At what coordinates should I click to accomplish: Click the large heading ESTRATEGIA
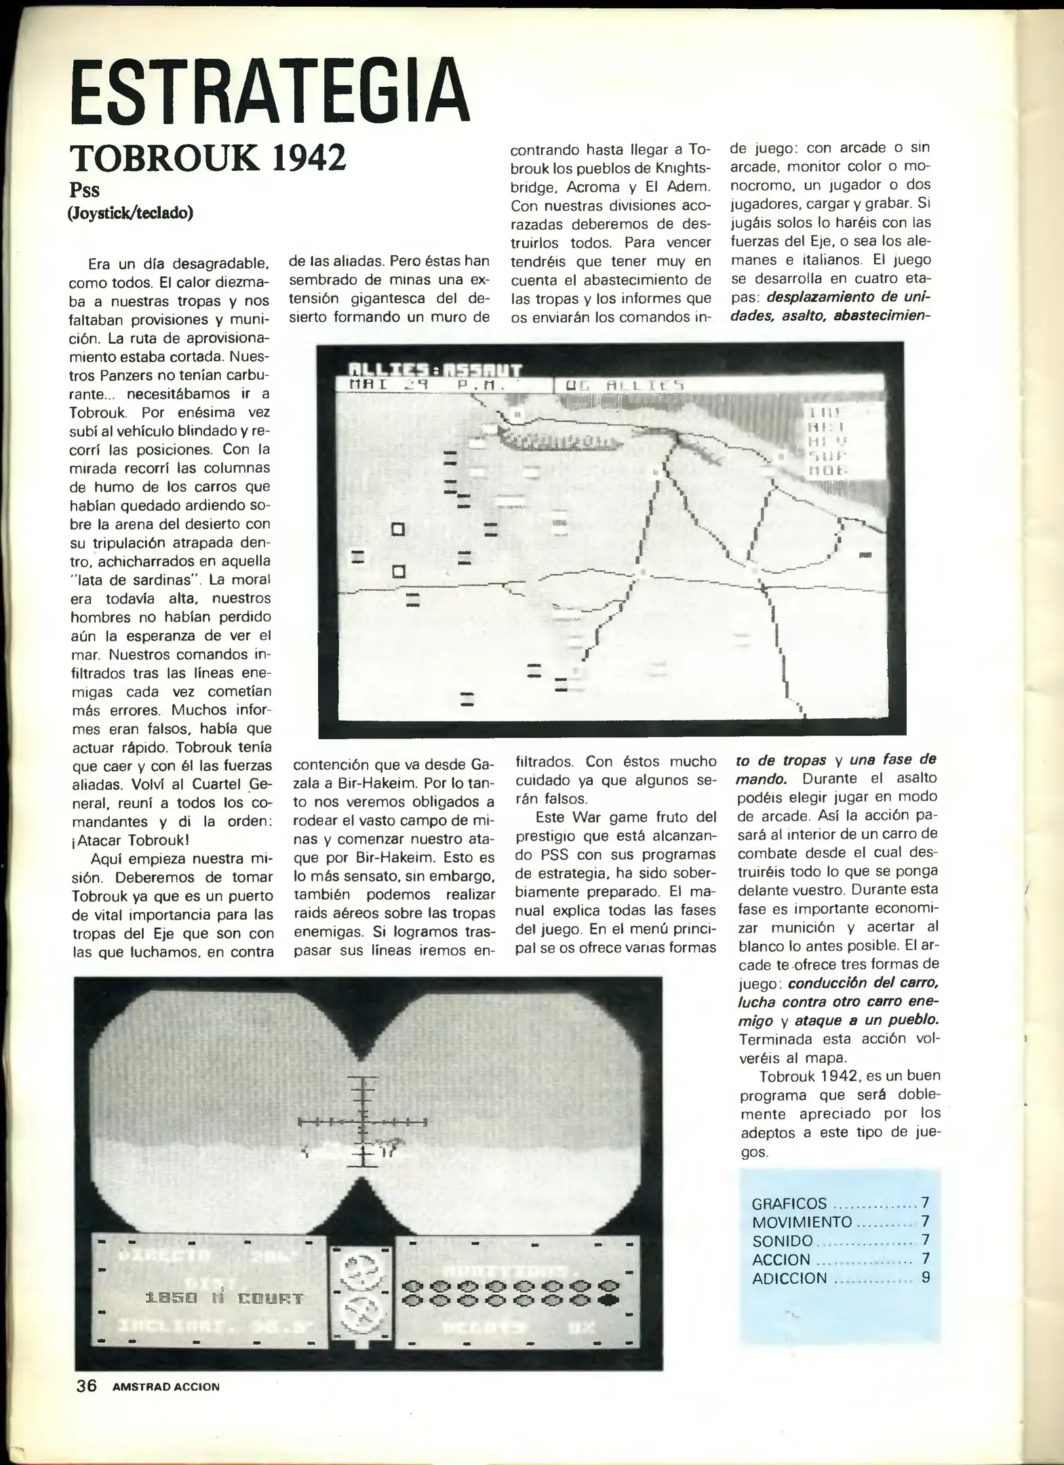pyautogui.click(x=270, y=93)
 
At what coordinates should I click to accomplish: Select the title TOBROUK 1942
pyautogui.click(x=208, y=158)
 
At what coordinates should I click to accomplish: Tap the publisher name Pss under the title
pyautogui.click(x=84, y=190)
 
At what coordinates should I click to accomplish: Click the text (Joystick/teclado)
pyautogui.click(x=130, y=213)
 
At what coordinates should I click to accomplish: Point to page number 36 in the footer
pyautogui.click(x=86, y=1386)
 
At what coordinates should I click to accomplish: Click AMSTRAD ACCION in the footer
pyautogui.click(x=166, y=1387)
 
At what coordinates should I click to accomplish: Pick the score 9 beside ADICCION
pyautogui.click(x=925, y=1278)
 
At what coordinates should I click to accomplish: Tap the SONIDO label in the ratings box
pyautogui.click(x=782, y=1241)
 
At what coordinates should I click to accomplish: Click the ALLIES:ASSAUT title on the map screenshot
pyautogui.click(x=434, y=370)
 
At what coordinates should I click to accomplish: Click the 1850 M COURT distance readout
pyautogui.click(x=224, y=1298)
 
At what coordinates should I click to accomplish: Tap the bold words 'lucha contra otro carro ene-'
pyautogui.click(x=838, y=1001)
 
